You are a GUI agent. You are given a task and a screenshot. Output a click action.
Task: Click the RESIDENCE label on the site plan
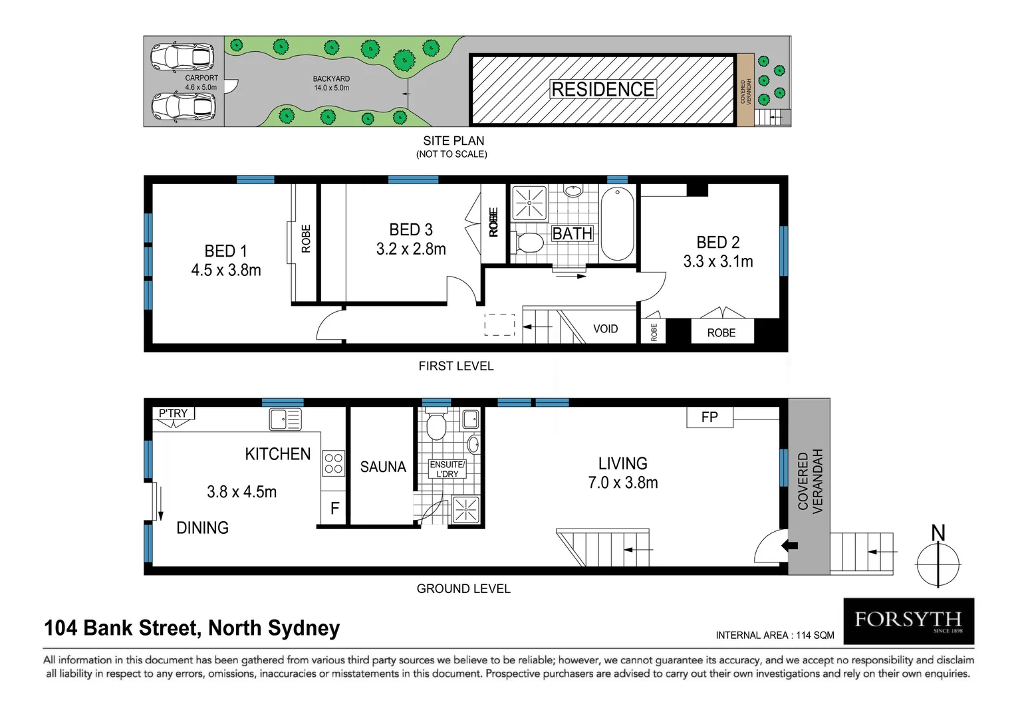click(x=602, y=89)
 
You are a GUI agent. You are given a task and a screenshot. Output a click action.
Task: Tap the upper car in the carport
click(x=182, y=57)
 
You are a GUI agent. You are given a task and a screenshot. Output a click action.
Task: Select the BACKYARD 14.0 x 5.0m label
click(x=331, y=83)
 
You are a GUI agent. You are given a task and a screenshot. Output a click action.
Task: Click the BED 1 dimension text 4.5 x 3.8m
click(x=226, y=271)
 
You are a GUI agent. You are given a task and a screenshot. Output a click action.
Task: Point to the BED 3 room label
click(x=411, y=230)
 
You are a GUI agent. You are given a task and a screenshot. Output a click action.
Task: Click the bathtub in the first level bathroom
click(x=618, y=223)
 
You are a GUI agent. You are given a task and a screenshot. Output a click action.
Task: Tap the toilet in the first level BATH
click(x=529, y=242)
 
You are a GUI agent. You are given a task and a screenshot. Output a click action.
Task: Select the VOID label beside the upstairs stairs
click(x=605, y=329)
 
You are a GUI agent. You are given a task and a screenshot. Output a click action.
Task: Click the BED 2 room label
click(x=717, y=243)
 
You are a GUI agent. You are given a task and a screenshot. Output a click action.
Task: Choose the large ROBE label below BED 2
click(x=721, y=332)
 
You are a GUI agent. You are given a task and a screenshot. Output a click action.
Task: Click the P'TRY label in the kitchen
click(x=173, y=414)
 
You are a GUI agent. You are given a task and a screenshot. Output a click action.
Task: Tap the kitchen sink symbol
click(x=285, y=419)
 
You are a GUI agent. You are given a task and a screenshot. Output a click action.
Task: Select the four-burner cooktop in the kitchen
click(x=333, y=463)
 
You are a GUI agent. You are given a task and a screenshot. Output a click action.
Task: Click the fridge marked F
click(x=334, y=509)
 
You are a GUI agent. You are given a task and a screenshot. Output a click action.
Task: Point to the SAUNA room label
click(x=383, y=467)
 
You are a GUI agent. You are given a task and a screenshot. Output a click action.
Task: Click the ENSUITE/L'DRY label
click(x=447, y=469)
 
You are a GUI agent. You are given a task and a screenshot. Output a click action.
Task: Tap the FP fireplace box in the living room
click(x=709, y=418)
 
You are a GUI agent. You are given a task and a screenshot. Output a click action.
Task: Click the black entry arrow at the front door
click(x=790, y=546)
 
